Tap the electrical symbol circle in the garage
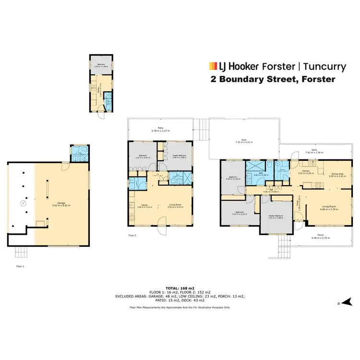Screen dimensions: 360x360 click(x=22, y=204)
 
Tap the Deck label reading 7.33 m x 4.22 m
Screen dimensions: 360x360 click(x=243, y=142)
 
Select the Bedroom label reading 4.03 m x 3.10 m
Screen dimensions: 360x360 click(x=240, y=214)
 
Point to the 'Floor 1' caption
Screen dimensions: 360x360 click(x=20, y=265)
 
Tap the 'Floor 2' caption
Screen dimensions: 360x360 click(x=133, y=236)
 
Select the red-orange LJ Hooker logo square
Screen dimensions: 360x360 click(x=211, y=66)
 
